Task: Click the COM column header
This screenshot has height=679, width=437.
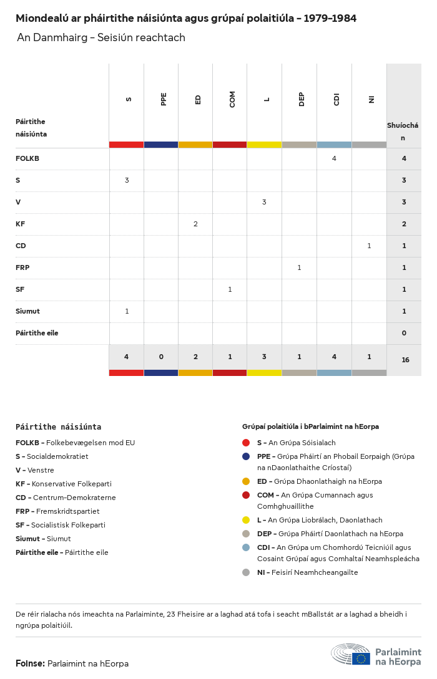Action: pyautogui.click(x=232, y=99)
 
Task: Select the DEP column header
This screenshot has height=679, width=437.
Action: pyautogui.click(x=301, y=99)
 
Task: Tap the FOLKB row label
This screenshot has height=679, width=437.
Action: pyautogui.click(x=27, y=158)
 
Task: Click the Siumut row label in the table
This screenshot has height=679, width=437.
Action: pyautogui.click(x=27, y=311)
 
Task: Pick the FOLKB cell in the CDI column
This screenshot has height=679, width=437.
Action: pyautogui.click(x=334, y=158)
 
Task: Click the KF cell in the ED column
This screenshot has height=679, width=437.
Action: pyautogui.click(x=195, y=224)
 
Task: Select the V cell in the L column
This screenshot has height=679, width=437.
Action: pyautogui.click(x=264, y=202)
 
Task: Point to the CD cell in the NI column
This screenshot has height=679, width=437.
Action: pyautogui.click(x=369, y=246)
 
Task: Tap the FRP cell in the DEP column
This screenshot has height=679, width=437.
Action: pyautogui.click(x=299, y=267)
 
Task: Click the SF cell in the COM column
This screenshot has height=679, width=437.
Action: pyautogui.click(x=230, y=289)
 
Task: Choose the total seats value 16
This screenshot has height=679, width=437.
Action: pyautogui.click(x=405, y=360)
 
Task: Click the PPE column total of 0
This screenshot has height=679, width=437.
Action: pyautogui.click(x=161, y=357)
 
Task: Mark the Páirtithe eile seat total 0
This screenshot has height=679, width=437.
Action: pyautogui.click(x=404, y=333)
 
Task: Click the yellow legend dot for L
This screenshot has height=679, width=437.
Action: pyautogui.click(x=246, y=520)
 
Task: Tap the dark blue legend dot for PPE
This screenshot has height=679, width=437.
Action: pyautogui.click(x=246, y=456)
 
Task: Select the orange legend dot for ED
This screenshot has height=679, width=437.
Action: pyautogui.click(x=246, y=481)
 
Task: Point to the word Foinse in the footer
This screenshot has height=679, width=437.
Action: pyautogui.click(x=30, y=663)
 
